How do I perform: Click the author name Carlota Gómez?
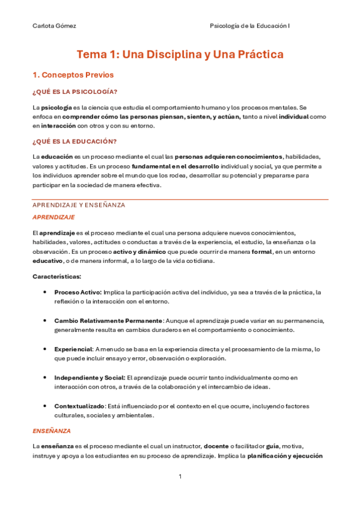[x=54, y=26]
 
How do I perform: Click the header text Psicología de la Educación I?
[x=249, y=26]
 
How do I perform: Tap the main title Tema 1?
[x=179, y=55]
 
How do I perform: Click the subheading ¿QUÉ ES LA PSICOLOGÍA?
[x=74, y=91]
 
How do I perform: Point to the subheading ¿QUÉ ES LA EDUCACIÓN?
[x=74, y=141]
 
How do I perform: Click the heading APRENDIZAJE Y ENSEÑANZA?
[x=78, y=205]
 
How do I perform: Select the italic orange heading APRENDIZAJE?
[x=53, y=217]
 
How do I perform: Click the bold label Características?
[x=56, y=277]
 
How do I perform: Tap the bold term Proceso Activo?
[x=78, y=292]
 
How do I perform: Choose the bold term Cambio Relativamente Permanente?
[x=108, y=321]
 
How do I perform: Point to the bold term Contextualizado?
[x=79, y=406]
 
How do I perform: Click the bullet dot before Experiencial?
[x=46, y=349]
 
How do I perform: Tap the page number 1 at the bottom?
[x=180, y=477]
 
